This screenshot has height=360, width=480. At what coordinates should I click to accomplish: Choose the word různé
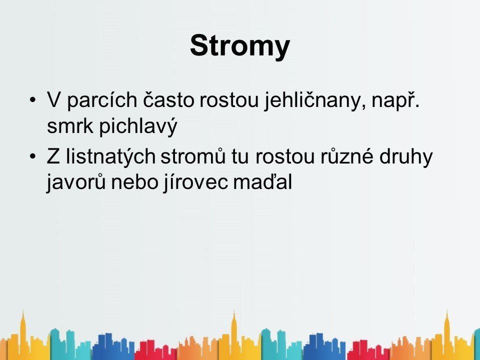347,156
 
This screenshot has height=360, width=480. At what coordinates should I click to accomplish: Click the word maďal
262,182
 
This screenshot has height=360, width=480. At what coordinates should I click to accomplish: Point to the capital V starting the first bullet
53,99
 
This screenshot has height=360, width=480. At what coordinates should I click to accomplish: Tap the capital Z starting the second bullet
53,156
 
